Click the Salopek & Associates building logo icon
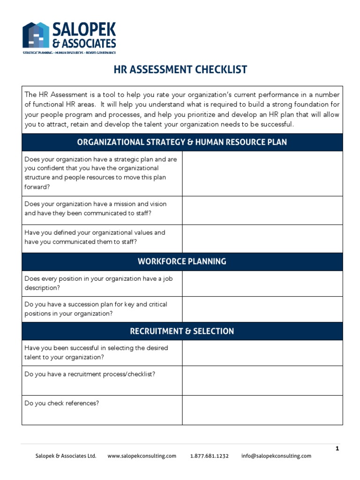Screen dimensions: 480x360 point(36,35)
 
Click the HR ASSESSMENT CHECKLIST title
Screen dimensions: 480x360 point(180,70)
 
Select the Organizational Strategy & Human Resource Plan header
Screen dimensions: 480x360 point(182,142)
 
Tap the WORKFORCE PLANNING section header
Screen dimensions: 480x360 point(182,262)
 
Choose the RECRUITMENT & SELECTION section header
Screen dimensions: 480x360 point(182,331)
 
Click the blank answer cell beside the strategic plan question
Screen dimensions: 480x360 point(262,173)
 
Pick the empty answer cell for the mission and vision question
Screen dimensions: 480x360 point(262,210)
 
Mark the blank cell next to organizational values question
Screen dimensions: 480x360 point(262,238)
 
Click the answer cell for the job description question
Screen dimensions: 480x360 point(262,283)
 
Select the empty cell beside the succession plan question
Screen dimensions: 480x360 point(262,309)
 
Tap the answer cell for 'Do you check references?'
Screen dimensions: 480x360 point(262,410)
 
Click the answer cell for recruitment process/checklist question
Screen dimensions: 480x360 point(262,380)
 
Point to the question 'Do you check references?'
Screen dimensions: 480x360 point(61,403)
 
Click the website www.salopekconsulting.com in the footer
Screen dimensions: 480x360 point(142,456)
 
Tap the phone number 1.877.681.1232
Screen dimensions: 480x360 point(209,456)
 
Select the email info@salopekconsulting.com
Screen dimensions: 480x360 point(276,456)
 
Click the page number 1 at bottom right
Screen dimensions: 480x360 point(337,449)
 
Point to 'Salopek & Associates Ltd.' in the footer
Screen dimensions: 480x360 point(66,456)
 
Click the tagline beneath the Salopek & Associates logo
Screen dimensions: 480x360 point(69,53)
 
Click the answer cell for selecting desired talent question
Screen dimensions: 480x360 point(262,352)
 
